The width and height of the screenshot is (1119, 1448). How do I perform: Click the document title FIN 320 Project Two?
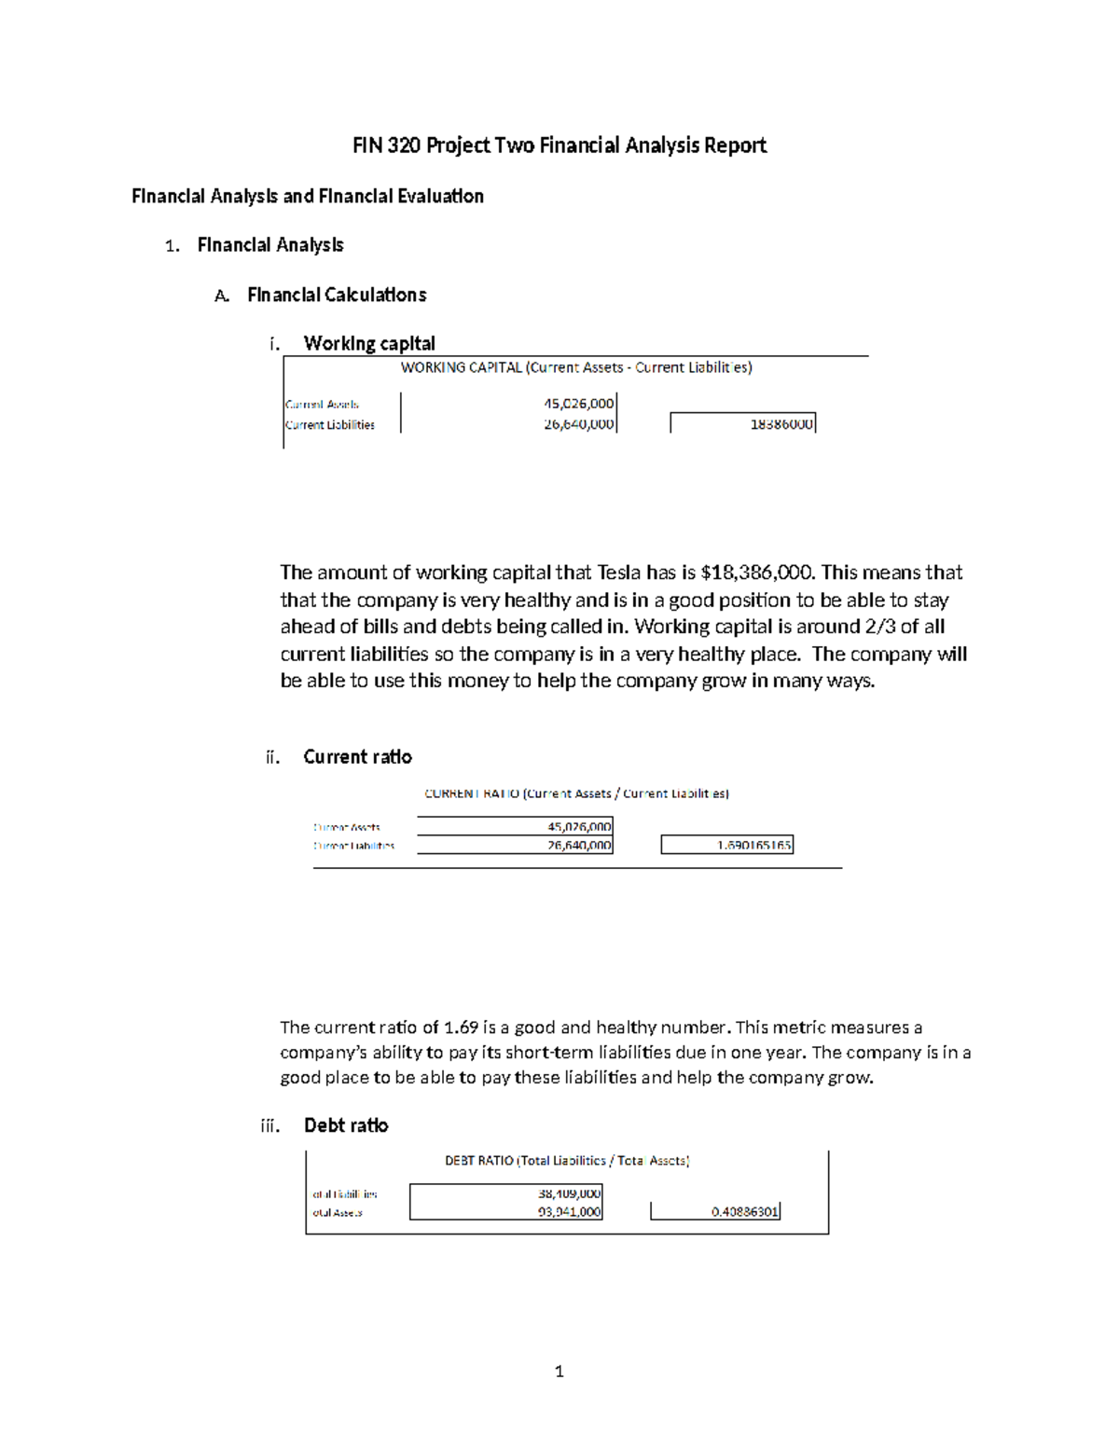pos(559,145)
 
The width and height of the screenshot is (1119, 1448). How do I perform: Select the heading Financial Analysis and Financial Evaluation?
pos(308,197)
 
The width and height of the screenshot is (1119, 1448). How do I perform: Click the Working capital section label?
pos(369,344)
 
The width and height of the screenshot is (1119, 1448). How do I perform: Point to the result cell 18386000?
pos(781,424)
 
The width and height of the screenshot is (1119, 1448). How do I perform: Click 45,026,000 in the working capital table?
pos(578,404)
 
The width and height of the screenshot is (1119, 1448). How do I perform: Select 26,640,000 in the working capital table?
pos(578,424)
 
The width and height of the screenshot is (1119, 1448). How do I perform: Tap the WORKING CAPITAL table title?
pos(576,368)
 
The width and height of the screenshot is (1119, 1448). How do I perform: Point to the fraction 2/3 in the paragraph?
pos(875,627)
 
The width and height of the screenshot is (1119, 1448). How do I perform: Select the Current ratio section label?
pos(357,757)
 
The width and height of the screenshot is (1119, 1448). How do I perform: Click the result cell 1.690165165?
pos(753,846)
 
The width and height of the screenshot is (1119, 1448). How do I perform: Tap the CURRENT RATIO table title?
pos(576,794)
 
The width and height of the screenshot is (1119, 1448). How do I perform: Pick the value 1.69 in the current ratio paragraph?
pos(461,1027)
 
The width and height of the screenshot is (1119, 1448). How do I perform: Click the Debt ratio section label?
pos(346,1126)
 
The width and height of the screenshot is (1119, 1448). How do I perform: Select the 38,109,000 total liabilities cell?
pos(569,1194)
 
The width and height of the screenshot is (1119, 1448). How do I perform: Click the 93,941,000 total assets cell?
pos(569,1212)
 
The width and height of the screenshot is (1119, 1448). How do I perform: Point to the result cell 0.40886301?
pos(744,1212)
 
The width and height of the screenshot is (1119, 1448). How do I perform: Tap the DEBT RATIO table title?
pos(567,1162)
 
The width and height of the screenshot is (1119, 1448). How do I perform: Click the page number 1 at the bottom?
pos(559,1372)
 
